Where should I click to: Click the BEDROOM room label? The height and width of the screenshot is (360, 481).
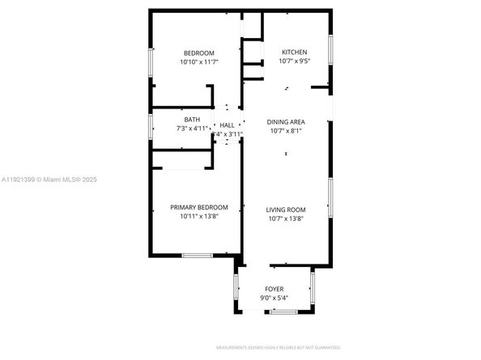click(199, 53)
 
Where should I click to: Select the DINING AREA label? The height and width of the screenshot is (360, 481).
click(285, 122)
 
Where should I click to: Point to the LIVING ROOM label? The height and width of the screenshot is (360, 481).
click(285, 209)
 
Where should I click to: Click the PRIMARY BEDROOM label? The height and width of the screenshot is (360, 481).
click(198, 207)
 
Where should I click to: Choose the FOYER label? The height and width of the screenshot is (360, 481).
click(275, 289)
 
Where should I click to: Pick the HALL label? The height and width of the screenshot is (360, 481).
click(227, 125)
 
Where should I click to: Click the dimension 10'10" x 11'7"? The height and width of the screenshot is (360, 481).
click(199, 61)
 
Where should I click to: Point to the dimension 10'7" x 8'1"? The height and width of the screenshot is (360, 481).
click(285, 131)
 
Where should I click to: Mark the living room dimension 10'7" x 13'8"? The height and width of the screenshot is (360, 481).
click(285, 217)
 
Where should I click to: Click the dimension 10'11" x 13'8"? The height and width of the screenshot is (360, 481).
click(198, 216)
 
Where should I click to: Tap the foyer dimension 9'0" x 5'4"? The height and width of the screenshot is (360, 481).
click(275, 298)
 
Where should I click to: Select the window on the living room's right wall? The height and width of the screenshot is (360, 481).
click(330, 198)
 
